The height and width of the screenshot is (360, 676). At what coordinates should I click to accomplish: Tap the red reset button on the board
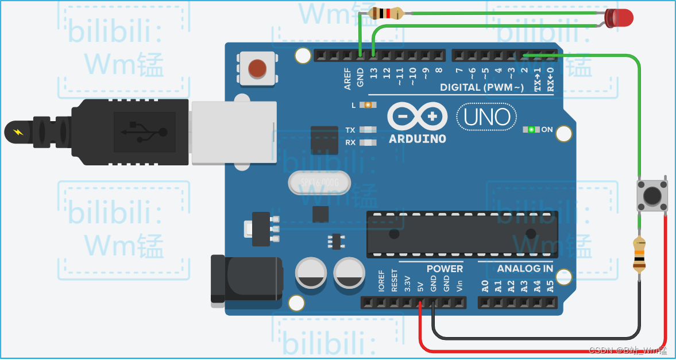257,69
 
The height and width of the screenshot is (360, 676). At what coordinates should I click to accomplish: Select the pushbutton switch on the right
652,195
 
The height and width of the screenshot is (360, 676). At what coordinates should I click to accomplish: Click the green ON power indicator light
531,129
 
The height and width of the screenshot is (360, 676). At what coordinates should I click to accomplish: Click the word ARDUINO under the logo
417,139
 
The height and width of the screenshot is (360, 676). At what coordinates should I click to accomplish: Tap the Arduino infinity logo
417,117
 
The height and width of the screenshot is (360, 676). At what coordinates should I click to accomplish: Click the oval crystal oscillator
319,183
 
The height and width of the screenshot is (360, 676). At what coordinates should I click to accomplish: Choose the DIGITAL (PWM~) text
482,87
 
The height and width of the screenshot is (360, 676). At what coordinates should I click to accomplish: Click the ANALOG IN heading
525,268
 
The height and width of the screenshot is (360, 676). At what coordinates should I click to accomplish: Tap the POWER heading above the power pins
445,268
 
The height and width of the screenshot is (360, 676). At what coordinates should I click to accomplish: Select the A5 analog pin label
551,285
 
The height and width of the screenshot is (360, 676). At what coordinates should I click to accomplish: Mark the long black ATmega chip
462,234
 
